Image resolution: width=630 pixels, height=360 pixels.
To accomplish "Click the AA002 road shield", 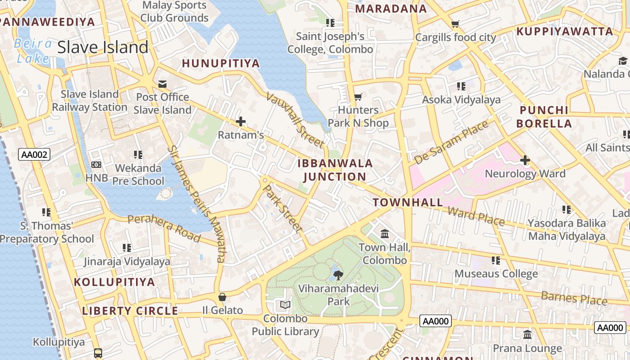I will tap(34, 154).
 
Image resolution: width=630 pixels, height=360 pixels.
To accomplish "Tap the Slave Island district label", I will tap(103, 47).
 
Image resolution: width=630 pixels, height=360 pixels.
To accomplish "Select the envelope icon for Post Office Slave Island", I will tap(162, 84).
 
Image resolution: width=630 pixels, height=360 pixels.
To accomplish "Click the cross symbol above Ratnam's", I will tap(241, 121).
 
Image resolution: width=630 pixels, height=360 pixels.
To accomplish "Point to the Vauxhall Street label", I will tap(295, 120).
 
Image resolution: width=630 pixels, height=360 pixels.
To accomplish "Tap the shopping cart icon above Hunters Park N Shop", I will tap(358, 97).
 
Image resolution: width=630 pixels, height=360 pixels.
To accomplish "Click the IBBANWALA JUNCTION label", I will tap(335, 170).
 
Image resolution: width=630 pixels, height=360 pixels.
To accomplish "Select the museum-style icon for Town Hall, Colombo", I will tap(385, 234).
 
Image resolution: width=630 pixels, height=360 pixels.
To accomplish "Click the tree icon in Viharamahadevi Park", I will tap(338, 274).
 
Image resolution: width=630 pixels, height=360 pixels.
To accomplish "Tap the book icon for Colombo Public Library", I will tap(285, 305).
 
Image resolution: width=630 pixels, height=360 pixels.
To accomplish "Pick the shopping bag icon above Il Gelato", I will tap(222, 297).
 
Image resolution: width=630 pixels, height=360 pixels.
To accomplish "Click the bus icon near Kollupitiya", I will tap(98, 353).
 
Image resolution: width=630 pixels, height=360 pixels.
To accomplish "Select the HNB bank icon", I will tap(96, 165).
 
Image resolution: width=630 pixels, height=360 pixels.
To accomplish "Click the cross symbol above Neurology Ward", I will tap(525, 160).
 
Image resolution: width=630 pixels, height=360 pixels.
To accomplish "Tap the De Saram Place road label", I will tap(451, 142).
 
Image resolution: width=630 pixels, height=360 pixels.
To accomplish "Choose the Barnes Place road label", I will tap(574, 297).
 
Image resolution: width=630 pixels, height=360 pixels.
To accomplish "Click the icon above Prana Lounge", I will tap(527, 335).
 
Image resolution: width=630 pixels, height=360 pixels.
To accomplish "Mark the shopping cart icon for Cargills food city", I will tap(455, 24).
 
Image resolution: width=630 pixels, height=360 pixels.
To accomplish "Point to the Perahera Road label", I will tap(164, 228).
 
